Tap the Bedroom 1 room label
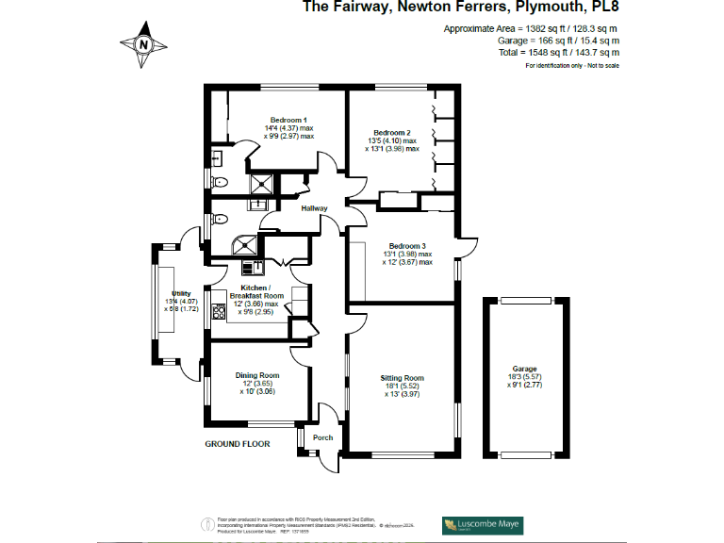pos(288,120)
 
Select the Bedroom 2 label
pos(391,133)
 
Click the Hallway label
pos(314,208)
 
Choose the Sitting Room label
pos(402,378)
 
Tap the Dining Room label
pos(257,375)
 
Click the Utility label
pos(181,293)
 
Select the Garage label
pos(524,369)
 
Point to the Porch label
pos(323,437)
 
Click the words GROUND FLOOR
pos(238,443)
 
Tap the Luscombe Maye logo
pos(484,524)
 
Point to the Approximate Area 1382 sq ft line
pos(532,29)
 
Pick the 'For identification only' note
pos(572,66)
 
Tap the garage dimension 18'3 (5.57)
pos(524,377)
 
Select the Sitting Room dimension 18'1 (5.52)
pos(403,387)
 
